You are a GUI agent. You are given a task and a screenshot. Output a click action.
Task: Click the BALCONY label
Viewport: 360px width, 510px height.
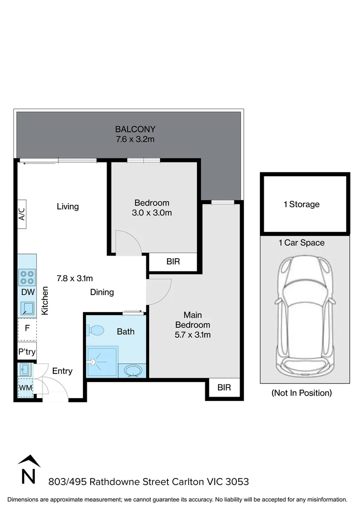pyautogui.click(x=135, y=129)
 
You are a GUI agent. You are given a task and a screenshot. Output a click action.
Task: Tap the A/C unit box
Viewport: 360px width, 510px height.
pyautogui.click(x=22, y=216)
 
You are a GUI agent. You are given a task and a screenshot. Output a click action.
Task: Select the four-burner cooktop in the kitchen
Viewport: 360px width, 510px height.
pyautogui.click(x=27, y=276)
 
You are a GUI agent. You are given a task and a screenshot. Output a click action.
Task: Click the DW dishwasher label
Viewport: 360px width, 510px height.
pyautogui.click(x=26, y=292)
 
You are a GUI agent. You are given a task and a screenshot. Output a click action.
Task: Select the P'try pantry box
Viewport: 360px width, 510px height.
pyautogui.click(x=26, y=352)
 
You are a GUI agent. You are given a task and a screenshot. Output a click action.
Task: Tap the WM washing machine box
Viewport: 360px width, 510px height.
pyautogui.click(x=25, y=388)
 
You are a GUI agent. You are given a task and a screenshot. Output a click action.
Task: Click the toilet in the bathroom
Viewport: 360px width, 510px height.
pyautogui.click(x=96, y=330)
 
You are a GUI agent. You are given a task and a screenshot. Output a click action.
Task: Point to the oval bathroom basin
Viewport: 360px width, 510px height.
pyautogui.click(x=132, y=371)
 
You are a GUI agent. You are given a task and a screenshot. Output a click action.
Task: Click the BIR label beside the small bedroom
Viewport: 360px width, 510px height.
pyautogui.click(x=173, y=262)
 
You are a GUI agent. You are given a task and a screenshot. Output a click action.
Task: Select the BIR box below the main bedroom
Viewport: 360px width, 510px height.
pyautogui.click(x=224, y=388)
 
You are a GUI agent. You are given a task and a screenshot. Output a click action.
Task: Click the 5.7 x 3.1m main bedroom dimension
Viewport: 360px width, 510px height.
pyautogui.click(x=193, y=335)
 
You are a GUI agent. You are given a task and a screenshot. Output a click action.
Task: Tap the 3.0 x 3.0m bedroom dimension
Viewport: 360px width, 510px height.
pyautogui.click(x=152, y=213)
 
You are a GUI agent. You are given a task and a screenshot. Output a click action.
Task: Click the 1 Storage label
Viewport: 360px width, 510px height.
pyautogui.click(x=301, y=204)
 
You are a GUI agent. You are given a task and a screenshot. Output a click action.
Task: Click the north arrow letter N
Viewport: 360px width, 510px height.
pyautogui.click(x=29, y=476)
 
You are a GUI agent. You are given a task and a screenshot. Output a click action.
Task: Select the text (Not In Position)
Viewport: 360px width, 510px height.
pyautogui.click(x=301, y=393)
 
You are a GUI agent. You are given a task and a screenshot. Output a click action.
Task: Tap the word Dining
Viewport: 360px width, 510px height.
pyautogui.click(x=102, y=292)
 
